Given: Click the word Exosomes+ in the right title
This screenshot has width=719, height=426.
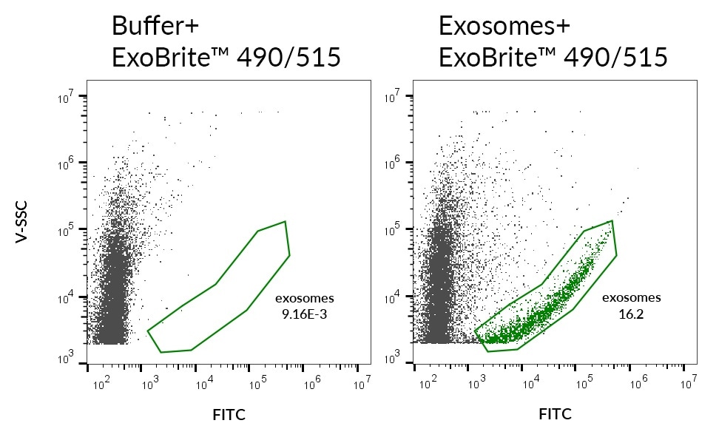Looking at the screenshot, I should (x=504, y=26).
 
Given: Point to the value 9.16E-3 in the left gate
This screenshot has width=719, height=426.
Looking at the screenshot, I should (x=305, y=314).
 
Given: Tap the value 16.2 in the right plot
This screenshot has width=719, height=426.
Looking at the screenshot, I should (x=630, y=314).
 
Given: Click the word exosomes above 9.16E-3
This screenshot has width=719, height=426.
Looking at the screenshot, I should (x=305, y=299).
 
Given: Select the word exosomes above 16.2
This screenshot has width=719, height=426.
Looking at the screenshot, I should (x=631, y=299).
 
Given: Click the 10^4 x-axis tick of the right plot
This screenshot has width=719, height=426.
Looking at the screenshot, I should (x=531, y=382).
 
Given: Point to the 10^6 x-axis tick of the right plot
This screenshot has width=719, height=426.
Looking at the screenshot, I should (x=636, y=382).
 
